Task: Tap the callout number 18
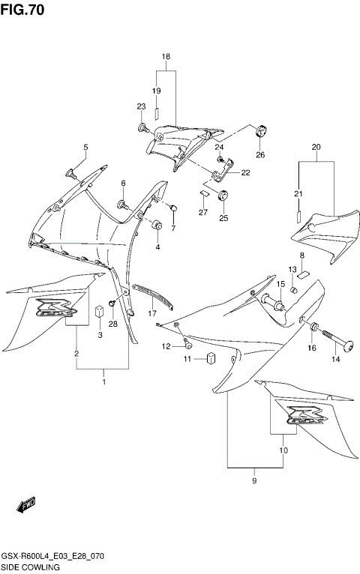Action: pos(166,57)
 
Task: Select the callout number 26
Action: pos(260,155)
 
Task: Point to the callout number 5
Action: pos(85,147)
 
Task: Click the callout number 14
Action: pos(335,360)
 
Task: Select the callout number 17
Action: pos(152,314)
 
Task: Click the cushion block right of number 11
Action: pos(211,357)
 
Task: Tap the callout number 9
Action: pos(254,480)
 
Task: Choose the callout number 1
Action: pos(103,382)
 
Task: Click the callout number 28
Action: pos(112,324)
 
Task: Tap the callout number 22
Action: pos(244,172)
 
